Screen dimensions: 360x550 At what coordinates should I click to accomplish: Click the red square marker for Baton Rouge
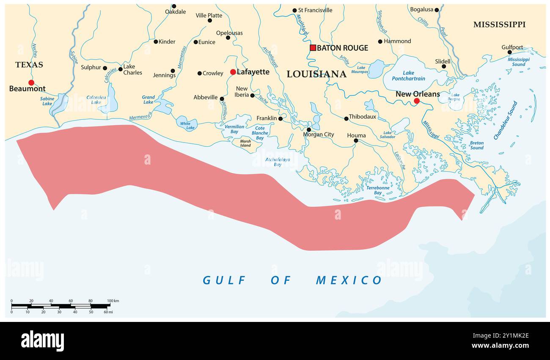pyautogui.click(x=313, y=48)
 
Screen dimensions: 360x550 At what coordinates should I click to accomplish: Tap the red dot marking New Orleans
pyautogui.click(x=417, y=101)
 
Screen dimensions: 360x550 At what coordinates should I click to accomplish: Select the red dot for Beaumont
pyautogui.click(x=31, y=82)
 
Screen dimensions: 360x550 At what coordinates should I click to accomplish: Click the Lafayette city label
pyautogui.click(x=253, y=72)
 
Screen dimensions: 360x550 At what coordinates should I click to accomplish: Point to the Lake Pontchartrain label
pyautogui.click(x=408, y=76)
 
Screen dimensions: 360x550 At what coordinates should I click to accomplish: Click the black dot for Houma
pyautogui.click(x=356, y=140)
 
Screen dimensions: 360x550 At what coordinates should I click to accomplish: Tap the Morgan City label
pyautogui.click(x=318, y=135)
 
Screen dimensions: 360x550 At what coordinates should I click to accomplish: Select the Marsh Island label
pyautogui.click(x=245, y=143)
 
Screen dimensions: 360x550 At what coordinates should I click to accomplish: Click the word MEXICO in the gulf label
pyautogui.click(x=349, y=280)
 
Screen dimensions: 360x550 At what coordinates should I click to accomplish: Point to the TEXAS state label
pyautogui.click(x=29, y=65)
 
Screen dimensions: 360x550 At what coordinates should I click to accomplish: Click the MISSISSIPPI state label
pyautogui.click(x=499, y=25)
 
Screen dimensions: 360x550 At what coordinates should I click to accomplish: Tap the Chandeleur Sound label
pyautogui.click(x=506, y=120)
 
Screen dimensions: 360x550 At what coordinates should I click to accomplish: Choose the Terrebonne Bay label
pyautogui.click(x=378, y=190)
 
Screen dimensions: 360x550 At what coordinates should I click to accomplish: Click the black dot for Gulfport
pyautogui.click(x=509, y=52)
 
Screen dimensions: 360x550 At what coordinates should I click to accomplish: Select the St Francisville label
pyautogui.click(x=315, y=10)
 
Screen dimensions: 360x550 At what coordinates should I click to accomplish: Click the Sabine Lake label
pyautogui.click(x=47, y=101)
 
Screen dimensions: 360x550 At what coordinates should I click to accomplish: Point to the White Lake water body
pyautogui.click(x=186, y=124)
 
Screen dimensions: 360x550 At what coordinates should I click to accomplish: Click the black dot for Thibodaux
pyautogui.click(x=346, y=118)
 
